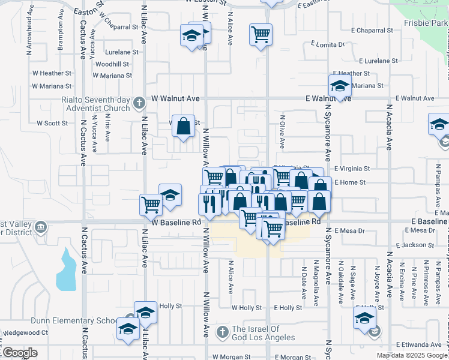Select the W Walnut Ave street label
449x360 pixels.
[175, 98]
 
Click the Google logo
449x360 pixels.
[20, 353]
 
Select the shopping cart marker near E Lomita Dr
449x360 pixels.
[261, 34]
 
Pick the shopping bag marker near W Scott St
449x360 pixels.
[184, 126]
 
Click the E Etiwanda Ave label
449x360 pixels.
[423, 344]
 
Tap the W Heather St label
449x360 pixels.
[52, 73]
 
